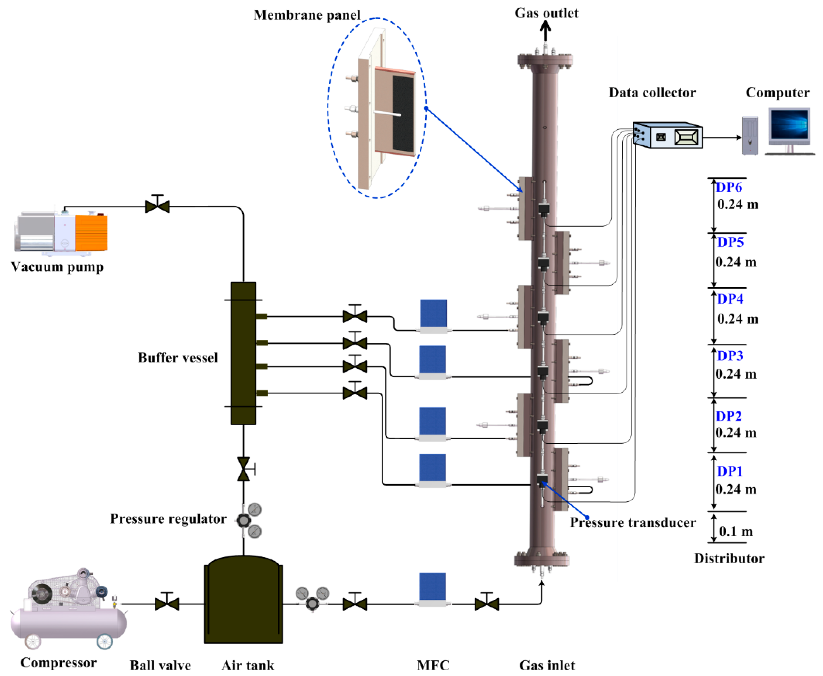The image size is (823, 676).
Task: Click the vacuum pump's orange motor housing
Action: click(91, 232)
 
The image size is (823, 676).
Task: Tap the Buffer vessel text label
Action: click(178, 357)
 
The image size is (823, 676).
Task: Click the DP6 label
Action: click(729, 187)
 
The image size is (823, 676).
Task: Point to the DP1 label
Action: click(730, 471)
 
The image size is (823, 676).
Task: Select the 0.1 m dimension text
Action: click(736, 531)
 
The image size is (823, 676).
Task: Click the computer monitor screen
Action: click(789, 125)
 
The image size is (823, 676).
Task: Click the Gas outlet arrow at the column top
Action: click(545, 31)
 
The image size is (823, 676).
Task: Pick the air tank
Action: click(244, 599)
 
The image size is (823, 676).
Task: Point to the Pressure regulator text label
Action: click(168, 519)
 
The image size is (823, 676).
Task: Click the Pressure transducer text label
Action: click(633, 522)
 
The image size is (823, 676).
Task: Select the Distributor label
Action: click(729, 558)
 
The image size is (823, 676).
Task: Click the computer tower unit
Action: click(750, 135)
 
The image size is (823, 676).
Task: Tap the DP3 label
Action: click(730, 356)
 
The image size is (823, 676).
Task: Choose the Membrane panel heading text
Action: click(307, 15)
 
